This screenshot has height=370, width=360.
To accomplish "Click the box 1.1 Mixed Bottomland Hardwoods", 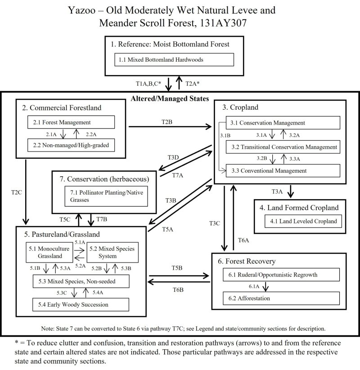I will pos(175,59).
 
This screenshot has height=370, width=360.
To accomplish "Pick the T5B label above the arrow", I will pos(177,268).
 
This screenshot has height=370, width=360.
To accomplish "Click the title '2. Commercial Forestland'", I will pos(61,107).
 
